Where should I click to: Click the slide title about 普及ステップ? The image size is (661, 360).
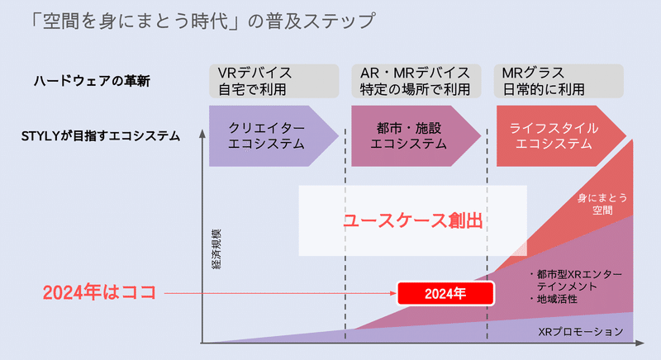pos(202,21)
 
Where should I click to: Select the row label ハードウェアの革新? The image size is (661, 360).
pos(92,81)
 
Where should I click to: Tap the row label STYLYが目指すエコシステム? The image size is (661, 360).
pos(101,136)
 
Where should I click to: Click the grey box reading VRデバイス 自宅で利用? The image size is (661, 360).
pos(274,81)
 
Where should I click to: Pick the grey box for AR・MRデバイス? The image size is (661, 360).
pos(416,81)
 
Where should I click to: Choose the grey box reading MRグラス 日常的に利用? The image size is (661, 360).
pos(559,81)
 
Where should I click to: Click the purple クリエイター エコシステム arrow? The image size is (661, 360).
pos(274,136)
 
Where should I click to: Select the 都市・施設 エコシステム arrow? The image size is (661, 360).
pos(416,136)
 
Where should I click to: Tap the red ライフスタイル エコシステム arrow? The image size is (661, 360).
pos(561,136)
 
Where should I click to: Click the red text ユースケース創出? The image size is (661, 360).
pos(414,220)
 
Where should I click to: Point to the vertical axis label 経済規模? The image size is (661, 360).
pos(216,249)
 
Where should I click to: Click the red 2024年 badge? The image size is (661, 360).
pos(445,293)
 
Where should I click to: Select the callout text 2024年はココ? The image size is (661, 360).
pos(99,292)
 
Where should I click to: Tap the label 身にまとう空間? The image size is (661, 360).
pos(602,204)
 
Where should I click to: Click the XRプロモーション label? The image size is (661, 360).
pos(581,332)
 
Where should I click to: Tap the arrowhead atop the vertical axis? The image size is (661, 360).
pos(202,133)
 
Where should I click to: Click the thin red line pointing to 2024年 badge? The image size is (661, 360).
pos(280,293)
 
